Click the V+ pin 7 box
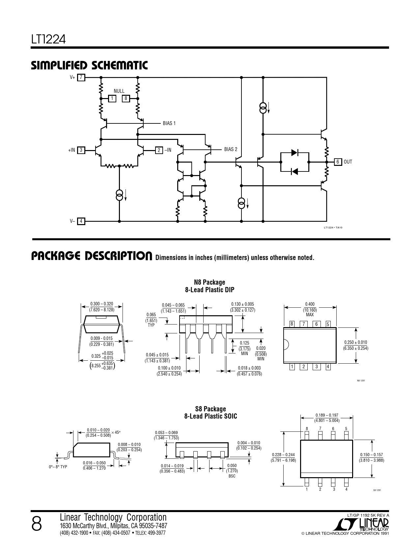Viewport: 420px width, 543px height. click(x=81, y=77)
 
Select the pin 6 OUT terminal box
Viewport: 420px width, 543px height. click(x=338, y=162)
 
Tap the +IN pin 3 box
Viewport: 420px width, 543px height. click(x=81, y=150)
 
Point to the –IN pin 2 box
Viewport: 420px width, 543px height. click(x=159, y=150)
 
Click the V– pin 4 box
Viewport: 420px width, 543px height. click(x=81, y=221)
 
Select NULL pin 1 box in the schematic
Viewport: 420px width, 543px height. click(x=112, y=98)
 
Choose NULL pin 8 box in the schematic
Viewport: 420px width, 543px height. click(x=126, y=98)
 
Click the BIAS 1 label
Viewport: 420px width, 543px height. click(x=169, y=123)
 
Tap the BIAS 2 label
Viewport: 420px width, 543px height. click(x=231, y=149)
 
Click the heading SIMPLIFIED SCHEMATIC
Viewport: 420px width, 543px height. click(x=89, y=65)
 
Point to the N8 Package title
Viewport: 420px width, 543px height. click(x=210, y=282)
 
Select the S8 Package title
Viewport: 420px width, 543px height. click(x=210, y=409)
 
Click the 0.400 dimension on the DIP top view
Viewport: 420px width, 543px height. click(x=310, y=304)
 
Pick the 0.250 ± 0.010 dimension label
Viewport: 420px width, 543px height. click(x=355, y=342)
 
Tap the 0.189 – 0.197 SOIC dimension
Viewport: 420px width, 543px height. click(x=327, y=415)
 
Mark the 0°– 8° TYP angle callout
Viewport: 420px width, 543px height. click(x=58, y=467)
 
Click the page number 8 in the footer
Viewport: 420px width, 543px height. click(x=37, y=525)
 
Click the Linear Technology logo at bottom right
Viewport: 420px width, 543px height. click(x=361, y=524)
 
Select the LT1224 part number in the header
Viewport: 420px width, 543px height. click(x=48, y=39)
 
